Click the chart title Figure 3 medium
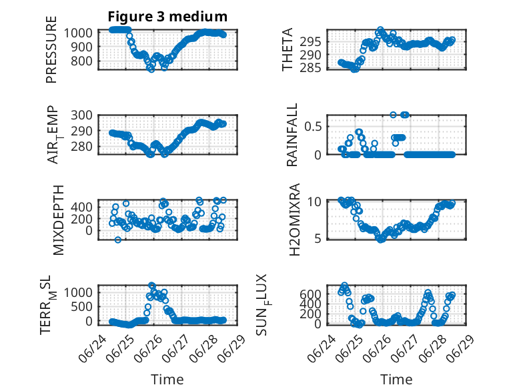click(167, 17)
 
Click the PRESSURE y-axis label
click(51, 49)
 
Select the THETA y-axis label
click(288, 49)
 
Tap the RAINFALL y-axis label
click(292, 135)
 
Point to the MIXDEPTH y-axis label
click(58, 220)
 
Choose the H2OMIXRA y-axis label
click(294, 220)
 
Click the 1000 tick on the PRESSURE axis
click(78, 33)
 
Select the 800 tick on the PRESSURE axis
click(82, 61)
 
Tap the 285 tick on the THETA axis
click(310, 68)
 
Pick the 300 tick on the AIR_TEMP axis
click(82, 115)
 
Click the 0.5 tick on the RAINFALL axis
click(313, 127)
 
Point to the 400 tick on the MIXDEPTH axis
click(82, 208)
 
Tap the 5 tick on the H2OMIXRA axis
click(318, 238)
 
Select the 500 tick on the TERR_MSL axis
click(82, 307)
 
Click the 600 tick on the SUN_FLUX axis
click(310, 294)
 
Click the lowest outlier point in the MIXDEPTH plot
click(118, 240)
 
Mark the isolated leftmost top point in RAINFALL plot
click(393, 115)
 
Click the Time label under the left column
click(167, 380)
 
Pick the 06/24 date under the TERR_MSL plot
click(93, 348)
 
